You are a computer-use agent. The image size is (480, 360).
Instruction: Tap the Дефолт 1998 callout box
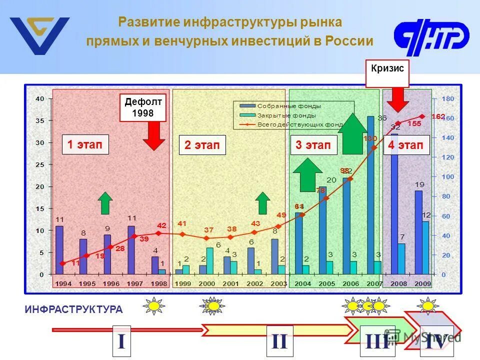click(143, 107)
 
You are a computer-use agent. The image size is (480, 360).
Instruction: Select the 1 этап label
click(84, 144)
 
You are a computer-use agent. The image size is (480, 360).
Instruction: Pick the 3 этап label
click(313, 145)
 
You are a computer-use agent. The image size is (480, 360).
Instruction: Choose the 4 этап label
click(406, 145)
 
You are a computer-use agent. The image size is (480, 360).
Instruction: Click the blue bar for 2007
click(370, 195)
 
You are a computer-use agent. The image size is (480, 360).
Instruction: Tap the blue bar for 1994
click(59, 250)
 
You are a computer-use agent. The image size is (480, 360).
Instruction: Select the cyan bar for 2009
click(425, 247)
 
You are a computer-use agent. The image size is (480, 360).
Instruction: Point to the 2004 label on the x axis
click(303, 283)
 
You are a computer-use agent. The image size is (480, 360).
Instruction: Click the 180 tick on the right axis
click(448, 99)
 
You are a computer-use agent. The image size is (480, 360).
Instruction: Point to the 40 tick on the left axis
click(39, 99)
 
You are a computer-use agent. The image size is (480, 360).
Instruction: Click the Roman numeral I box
click(121, 341)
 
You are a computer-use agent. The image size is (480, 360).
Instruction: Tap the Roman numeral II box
click(279, 341)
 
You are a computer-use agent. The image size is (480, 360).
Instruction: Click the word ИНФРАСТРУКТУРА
click(73, 309)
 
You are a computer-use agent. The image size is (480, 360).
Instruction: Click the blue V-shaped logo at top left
click(40, 35)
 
